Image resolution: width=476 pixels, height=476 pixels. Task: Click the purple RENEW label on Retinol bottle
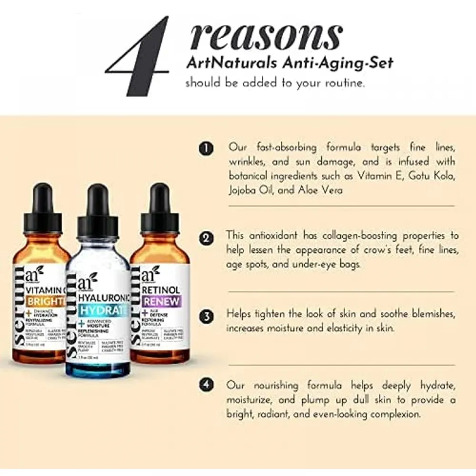[161, 301]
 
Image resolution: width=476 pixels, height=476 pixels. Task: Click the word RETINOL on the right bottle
[161, 289]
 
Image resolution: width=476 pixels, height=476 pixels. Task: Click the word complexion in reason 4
[391, 414]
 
